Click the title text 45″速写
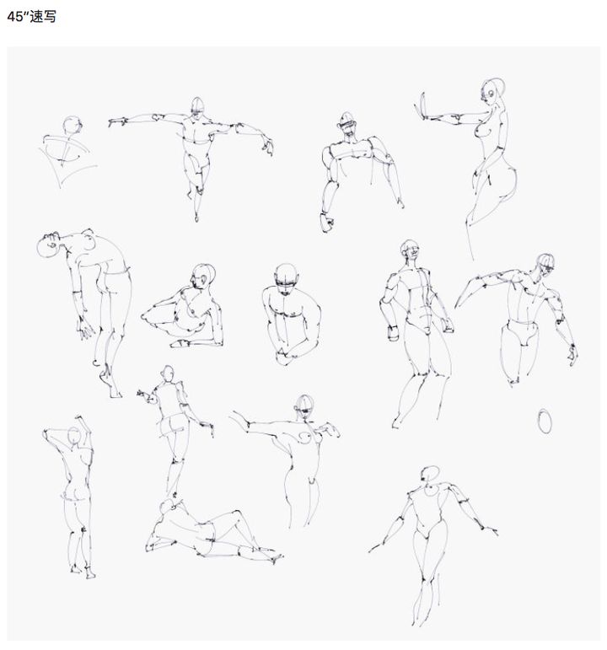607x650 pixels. pos(31,17)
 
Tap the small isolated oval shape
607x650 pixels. pos(545,422)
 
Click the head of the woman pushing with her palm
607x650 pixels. pos(492,91)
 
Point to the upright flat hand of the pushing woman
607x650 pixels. pos(423,105)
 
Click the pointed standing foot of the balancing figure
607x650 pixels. pos(196,216)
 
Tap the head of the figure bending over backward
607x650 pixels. pos(49,245)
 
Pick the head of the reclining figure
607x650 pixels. pos(169,506)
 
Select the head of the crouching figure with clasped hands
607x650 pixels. pos(286,277)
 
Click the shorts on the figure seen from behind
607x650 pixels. pos(173,425)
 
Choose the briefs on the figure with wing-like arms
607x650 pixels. pos(522,331)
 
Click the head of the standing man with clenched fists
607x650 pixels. pos(410,250)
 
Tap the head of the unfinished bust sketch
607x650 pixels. pos(73,125)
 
